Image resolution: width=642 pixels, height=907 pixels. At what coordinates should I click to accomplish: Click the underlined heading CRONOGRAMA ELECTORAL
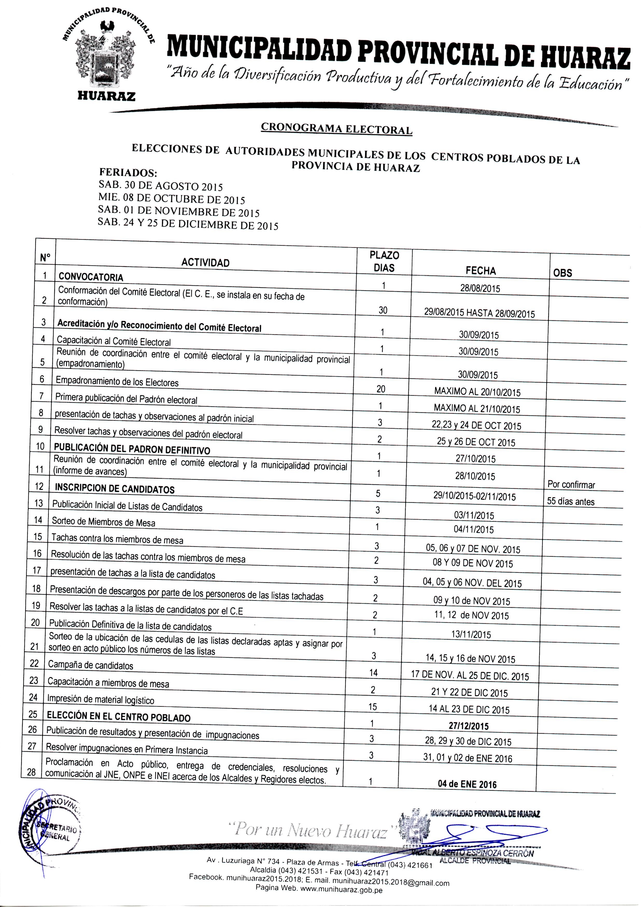pyautogui.click(x=336, y=129)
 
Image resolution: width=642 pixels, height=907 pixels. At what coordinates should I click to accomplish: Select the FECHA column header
pyautogui.click(x=480, y=271)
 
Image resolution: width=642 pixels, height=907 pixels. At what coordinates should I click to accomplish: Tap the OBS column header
pyautogui.click(x=562, y=273)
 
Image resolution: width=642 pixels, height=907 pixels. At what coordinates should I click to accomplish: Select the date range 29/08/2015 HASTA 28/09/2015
pyautogui.click(x=479, y=313)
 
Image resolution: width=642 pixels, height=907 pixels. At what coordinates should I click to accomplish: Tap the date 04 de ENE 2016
pyautogui.click(x=467, y=784)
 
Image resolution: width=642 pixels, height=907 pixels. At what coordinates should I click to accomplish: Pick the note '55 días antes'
pyautogui.click(x=570, y=501)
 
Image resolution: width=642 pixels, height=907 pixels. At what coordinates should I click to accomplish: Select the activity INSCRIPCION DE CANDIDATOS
pyautogui.click(x=114, y=488)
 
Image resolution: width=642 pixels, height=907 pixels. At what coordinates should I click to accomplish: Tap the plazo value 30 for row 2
pyautogui.click(x=383, y=310)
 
